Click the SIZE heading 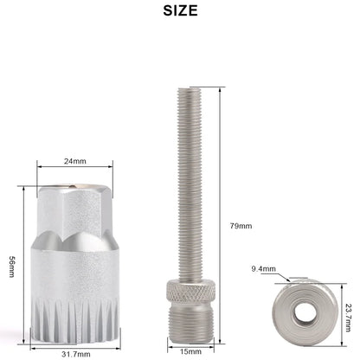coord(180,10)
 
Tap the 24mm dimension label coord(75,161)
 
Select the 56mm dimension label coord(12,267)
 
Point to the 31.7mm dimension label coord(76,354)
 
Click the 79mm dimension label coord(241,226)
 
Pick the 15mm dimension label coord(190,351)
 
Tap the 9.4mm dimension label coord(264,269)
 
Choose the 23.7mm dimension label coord(349,318)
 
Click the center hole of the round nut coord(304,312)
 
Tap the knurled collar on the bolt coord(190,291)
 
